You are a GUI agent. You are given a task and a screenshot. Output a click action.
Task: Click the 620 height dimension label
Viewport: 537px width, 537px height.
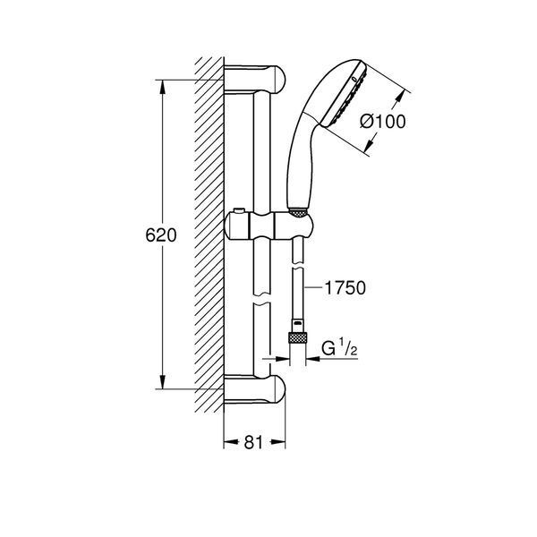tap(161, 235)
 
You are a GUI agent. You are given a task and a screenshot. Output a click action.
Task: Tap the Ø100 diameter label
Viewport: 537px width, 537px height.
tap(383, 122)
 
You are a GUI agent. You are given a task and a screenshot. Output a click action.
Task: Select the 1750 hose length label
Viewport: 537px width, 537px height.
tap(345, 287)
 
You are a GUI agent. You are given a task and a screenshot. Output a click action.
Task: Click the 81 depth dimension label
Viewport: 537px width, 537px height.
tap(254, 442)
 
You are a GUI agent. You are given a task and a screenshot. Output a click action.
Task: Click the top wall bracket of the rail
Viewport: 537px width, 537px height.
tap(255, 79)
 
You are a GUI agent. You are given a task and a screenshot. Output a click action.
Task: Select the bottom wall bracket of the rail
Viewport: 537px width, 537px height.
tap(255, 389)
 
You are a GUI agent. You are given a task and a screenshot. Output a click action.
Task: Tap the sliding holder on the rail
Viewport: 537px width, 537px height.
tap(268, 225)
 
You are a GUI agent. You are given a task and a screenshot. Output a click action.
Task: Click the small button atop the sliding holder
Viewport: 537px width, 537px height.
tap(238, 210)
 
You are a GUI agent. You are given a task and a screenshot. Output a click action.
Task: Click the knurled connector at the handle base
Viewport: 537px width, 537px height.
tap(298, 212)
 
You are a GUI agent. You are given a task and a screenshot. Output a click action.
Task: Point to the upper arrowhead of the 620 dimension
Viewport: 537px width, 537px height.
tap(163, 87)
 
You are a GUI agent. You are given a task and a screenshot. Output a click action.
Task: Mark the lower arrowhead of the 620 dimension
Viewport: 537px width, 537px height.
tap(163, 382)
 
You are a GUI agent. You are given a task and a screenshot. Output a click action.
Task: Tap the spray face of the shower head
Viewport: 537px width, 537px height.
tap(345, 96)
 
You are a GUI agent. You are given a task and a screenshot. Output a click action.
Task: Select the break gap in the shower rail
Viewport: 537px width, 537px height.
tap(262, 298)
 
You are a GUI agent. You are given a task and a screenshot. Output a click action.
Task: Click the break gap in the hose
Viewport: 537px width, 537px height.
tap(297, 266)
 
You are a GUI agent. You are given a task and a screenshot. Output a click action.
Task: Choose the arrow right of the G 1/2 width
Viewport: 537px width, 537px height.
tap(313, 359)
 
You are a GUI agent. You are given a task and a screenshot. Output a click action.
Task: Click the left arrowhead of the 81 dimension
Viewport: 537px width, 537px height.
tap(231, 442)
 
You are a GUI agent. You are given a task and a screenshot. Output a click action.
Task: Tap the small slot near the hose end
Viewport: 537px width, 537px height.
tap(297, 322)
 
